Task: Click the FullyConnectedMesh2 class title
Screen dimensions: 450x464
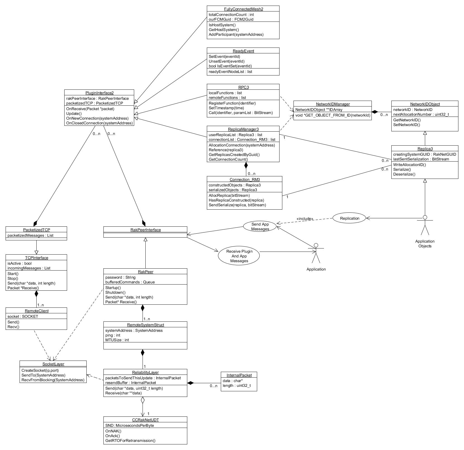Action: pos(243,9)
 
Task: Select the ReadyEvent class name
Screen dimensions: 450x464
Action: pos(243,51)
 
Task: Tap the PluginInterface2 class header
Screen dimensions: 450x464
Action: pos(99,93)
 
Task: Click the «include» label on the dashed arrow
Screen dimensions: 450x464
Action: pos(305,219)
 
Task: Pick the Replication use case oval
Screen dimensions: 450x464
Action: pos(349,218)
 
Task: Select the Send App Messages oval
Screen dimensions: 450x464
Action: pos(260,227)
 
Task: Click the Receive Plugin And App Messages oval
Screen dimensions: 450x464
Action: pos(239,256)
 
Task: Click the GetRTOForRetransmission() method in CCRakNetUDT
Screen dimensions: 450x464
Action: pos(130,440)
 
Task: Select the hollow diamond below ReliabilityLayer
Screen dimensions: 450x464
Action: pos(143,400)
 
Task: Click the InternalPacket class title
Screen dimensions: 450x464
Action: pos(239,375)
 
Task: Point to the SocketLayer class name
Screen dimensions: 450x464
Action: pos(53,364)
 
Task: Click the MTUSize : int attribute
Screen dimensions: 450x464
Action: pos(117,340)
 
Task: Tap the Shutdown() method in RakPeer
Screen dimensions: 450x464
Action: pos(115,292)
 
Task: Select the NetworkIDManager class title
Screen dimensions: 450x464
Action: pos(333,104)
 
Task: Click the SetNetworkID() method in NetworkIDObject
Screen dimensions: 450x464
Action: pos(407,125)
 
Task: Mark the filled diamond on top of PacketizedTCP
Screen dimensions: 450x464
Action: pos(35,223)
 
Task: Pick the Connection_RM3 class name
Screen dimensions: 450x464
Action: pos(245,179)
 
